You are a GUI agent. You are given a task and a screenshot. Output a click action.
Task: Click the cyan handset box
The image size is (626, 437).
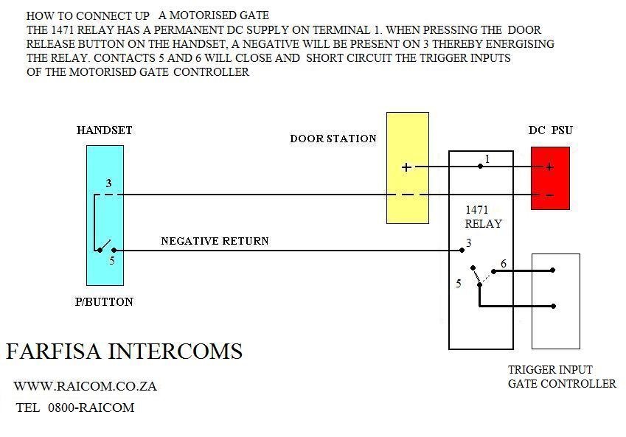click(105, 215)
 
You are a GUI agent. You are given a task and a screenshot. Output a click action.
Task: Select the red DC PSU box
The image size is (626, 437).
click(550, 178)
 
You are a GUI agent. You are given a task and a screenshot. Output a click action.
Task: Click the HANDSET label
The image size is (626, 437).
click(105, 130)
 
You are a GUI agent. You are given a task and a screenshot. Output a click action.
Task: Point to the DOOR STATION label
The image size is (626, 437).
click(333, 139)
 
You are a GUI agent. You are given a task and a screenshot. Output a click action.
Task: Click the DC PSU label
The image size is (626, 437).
click(550, 130)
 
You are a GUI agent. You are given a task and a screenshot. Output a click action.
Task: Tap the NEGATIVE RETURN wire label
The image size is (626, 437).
click(215, 241)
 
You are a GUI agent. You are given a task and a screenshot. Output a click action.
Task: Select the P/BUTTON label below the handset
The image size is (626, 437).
click(104, 302)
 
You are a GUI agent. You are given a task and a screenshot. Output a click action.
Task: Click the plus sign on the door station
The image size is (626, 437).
click(406, 167)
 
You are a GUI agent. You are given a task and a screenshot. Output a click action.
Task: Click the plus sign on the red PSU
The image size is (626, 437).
click(549, 167)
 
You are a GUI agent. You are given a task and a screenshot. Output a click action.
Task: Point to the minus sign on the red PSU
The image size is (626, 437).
click(549, 195)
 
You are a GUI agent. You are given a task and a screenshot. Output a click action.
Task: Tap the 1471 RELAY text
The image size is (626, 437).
click(483, 217)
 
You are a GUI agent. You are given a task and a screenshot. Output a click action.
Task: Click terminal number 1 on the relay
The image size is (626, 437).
click(487, 158)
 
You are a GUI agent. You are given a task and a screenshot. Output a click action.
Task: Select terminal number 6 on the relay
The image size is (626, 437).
click(504, 264)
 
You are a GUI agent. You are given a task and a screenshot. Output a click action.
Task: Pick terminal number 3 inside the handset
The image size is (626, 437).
click(108, 183)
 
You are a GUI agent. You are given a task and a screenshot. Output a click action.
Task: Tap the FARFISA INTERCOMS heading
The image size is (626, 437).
click(124, 352)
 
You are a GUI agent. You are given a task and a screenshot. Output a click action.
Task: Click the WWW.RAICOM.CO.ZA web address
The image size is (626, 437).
click(85, 386)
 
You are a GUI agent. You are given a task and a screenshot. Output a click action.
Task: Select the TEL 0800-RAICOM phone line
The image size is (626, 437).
click(75, 408)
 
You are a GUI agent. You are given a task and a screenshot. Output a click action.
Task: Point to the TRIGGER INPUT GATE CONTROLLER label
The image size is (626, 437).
click(562, 377)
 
